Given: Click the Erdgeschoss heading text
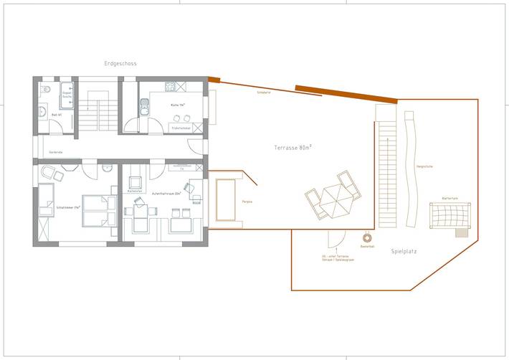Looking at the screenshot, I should click(120, 64).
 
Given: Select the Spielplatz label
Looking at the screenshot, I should click(404, 252).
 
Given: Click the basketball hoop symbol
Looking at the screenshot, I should click(367, 237).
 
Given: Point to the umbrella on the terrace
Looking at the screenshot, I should click(331, 197).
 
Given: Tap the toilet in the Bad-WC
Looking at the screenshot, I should click(44, 90).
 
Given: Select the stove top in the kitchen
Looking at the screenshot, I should click(171, 88).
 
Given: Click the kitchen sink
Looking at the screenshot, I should click(144, 108).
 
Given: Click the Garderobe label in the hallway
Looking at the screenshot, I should click(56, 153).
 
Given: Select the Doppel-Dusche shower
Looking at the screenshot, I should click(67, 95).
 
